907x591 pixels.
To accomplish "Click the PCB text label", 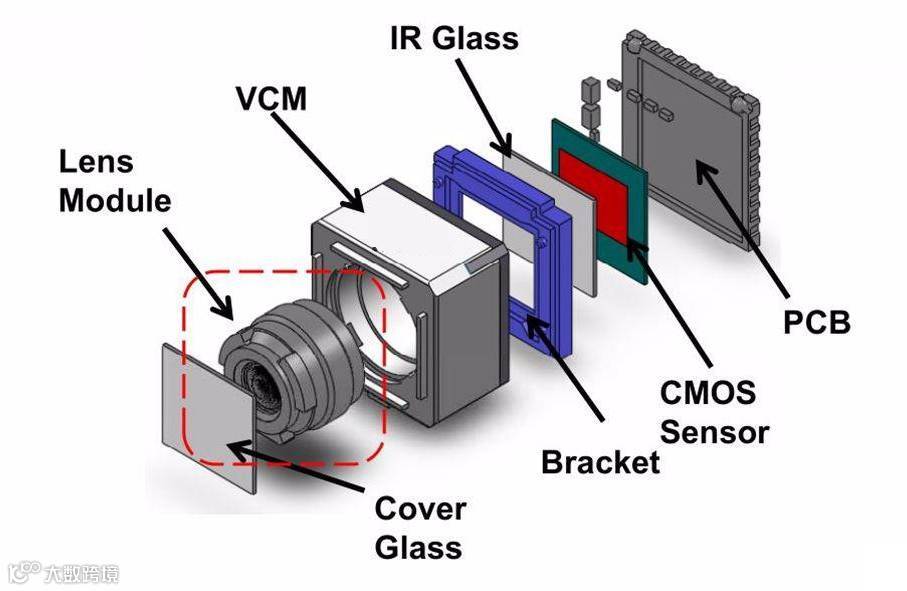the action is click(x=818, y=323).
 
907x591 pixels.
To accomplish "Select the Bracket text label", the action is click(x=600, y=461).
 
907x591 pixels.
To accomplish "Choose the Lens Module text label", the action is click(x=114, y=181).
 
